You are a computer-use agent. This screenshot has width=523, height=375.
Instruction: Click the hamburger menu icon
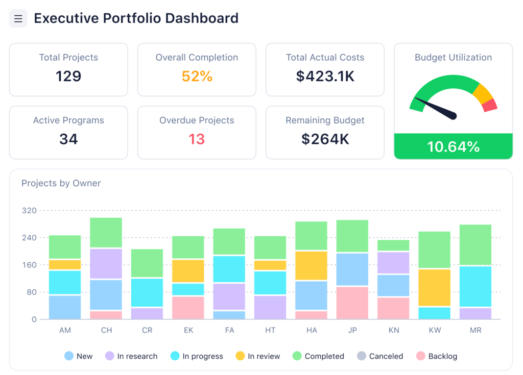click(x=18, y=19)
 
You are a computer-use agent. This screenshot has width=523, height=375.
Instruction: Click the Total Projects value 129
click(x=68, y=76)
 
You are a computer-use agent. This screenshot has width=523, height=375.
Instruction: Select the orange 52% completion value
click(x=197, y=76)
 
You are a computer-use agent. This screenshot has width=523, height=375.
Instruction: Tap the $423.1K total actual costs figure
click(x=325, y=76)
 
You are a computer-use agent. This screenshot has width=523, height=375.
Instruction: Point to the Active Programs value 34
click(x=68, y=139)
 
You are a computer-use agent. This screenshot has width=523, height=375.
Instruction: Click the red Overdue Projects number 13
click(x=197, y=139)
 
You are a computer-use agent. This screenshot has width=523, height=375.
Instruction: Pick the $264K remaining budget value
click(x=325, y=139)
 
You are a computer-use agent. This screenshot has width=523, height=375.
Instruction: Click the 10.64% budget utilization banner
click(x=453, y=147)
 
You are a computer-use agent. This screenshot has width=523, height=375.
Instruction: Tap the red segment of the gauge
click(x=489, y=105)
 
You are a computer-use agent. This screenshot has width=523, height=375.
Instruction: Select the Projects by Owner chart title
click(x=61, y=183)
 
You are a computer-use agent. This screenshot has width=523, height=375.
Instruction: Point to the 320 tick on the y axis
click(x=29, y=210)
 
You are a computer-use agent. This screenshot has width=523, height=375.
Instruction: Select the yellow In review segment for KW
click(x=434, y=287)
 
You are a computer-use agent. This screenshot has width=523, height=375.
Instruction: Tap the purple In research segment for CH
click(x=106, y=264)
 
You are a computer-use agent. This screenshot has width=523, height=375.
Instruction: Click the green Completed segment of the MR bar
click(x=475, y=245)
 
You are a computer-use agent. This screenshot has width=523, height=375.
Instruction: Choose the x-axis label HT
click(x=270, y=330)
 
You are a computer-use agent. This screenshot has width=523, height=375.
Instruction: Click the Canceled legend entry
click(x=380, y=356)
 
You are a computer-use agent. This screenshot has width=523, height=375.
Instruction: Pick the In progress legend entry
click(x=197, y=356)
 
